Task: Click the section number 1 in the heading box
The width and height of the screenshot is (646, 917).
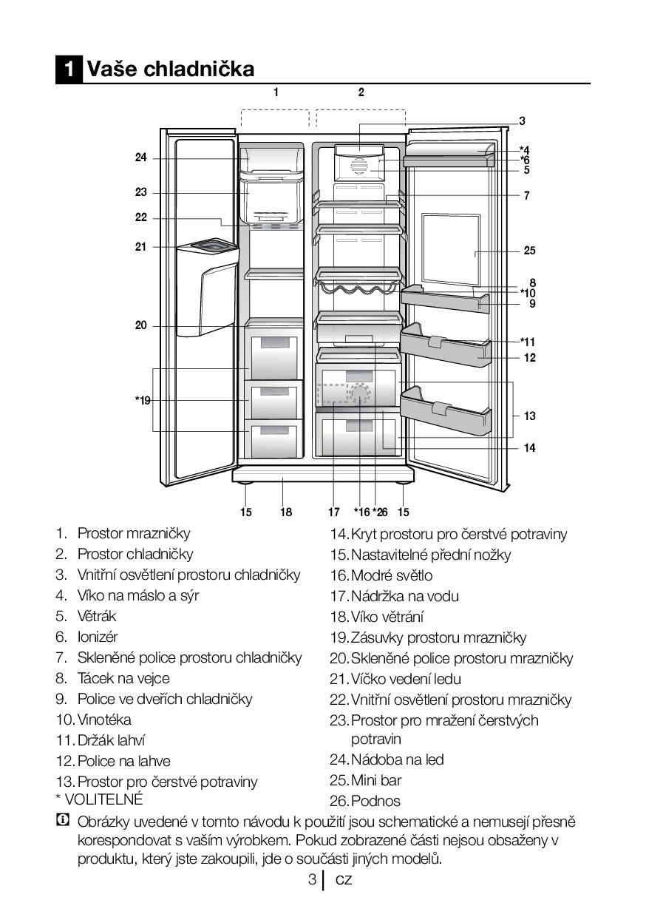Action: tap(69, 70)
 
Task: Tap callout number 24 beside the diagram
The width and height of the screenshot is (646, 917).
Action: tap(140, 158)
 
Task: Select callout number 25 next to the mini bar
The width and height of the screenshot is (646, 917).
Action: tap(529, 251)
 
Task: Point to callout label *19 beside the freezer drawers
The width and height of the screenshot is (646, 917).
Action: tap(142, 400)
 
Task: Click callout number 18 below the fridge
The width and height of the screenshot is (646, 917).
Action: tap(286, 512)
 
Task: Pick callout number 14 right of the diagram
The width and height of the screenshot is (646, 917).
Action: tap(529, 447)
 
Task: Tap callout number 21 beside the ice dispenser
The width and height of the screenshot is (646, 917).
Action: tap(140, 247)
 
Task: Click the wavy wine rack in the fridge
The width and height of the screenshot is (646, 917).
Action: tap(358, 285)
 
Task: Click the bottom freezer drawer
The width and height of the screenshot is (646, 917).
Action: tap(274, 439)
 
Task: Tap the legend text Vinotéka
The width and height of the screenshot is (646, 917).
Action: tap(104, 720)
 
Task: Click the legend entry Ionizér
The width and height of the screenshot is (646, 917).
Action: tap(97, 637)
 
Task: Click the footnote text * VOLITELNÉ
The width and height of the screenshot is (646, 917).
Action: tap(99, 799)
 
